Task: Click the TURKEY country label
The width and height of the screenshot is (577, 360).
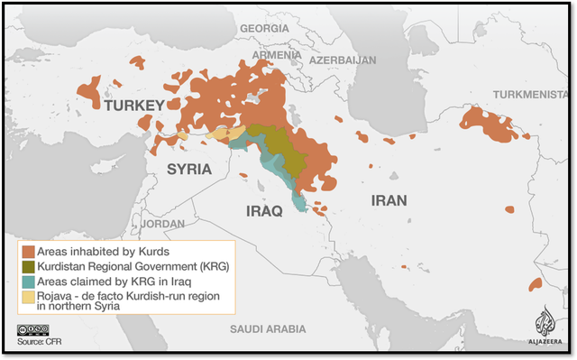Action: pos(133,106)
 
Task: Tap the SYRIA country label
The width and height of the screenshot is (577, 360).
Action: pos(189,170)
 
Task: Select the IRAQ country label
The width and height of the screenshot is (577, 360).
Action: pos(264,210)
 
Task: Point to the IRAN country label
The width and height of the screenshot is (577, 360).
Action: pos(386,200)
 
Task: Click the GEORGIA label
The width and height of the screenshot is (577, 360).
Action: pos(264,28)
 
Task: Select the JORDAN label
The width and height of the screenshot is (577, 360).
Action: pos(162,223)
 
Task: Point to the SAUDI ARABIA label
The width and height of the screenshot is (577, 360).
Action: pos(269,328)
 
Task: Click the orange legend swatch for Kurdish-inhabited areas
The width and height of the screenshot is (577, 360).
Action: pos(28,251)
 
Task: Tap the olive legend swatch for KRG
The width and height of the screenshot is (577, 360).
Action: pos(28,266)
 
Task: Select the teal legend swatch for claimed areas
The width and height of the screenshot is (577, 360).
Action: pos(28,282)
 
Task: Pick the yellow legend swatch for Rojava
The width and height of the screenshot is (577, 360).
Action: pos(28,297)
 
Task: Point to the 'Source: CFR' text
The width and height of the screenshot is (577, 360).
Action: pos(38,343)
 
